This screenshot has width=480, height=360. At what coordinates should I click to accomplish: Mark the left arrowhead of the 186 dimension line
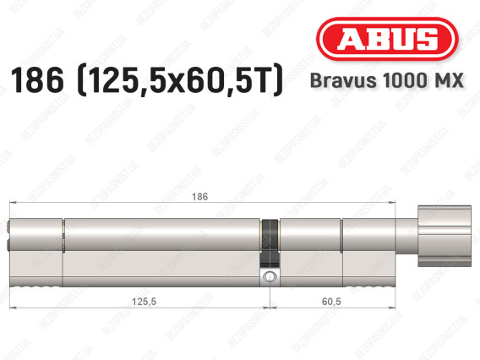(11, 203)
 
